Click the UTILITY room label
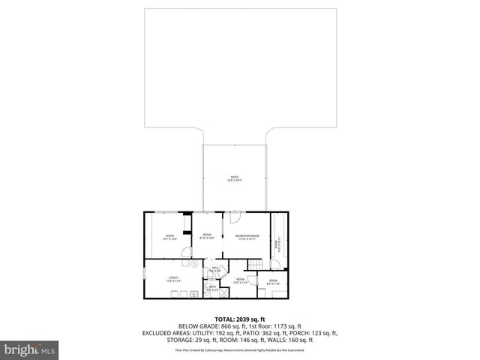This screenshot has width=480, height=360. (174, 280)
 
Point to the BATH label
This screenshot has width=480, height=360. (213, 286)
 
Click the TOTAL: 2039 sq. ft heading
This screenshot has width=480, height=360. (240, 319)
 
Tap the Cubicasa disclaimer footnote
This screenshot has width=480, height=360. (240, 349)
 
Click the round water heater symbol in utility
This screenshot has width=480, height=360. (193, 264)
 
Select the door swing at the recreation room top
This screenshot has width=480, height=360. (234, 218)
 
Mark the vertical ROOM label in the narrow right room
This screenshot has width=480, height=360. (276, 244)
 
